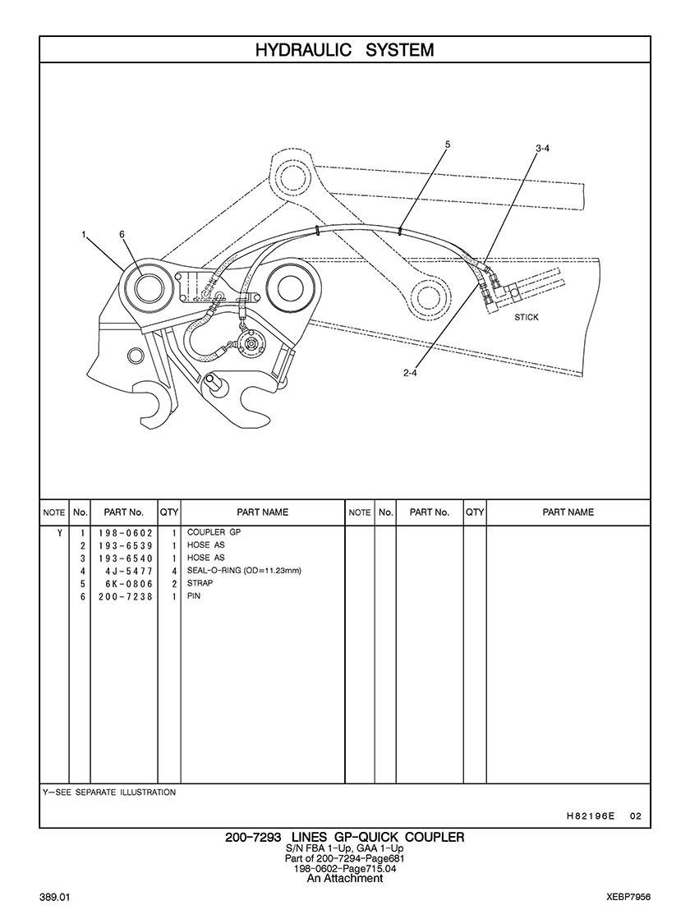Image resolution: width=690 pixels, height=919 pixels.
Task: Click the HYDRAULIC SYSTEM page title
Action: pyautogui.click(x=345, y=50)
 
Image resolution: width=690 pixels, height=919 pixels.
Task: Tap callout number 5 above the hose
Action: pyautogui.click(x=448, y=144)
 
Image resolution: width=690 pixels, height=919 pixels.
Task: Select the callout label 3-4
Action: pyautogui.click(x=543, y=149)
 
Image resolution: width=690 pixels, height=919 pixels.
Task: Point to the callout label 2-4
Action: pyautogui.click(x=410, y=372)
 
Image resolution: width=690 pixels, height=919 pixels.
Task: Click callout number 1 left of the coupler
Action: pyautogui.click(x=84, y=234)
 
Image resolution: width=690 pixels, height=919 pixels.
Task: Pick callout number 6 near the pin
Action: pyautogui.click(x=122, y=234)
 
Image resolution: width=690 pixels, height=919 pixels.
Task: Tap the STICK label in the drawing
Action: pyautogui.click(x=527, y=317)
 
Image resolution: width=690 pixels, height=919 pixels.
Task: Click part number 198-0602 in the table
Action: pyautogui.click(x=126, y=533)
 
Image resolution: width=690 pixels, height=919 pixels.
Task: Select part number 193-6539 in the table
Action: pyautogui.click(x=126, y=545)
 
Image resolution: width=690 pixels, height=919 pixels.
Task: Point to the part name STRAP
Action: pyautogui.click(x=200, y=583)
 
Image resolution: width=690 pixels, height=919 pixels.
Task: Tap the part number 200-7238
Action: pyautogui.click(x=126, y=596)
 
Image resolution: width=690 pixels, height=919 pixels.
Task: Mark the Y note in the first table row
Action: pyautogui.click(x=59, y=533)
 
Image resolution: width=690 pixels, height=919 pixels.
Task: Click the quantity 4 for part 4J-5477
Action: pyautogui.click(x=174, y=571)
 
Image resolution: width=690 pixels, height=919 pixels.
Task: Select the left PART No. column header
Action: pyautogui.click(x=124, y=512)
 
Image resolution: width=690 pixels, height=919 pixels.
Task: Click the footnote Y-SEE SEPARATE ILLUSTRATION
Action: pyautogui.click(x=109, y=793)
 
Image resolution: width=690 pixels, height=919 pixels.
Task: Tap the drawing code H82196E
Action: pyautogui.click(x=591, y=816)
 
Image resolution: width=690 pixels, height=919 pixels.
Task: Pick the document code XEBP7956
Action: pyautogui.click(x=628, y=898)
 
